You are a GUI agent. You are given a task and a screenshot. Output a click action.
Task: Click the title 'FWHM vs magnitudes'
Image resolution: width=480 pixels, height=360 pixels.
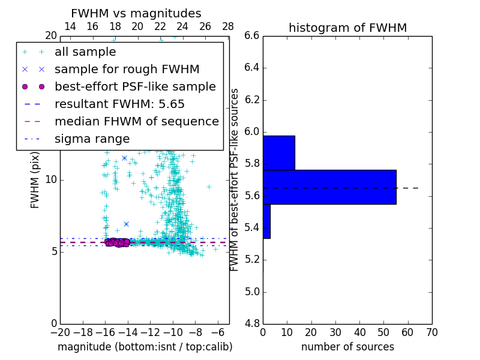(136, 13)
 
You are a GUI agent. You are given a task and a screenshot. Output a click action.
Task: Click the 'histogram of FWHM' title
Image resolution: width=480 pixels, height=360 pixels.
(347, 28)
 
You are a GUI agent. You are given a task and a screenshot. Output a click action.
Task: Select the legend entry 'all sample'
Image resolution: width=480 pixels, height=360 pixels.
(85, 52)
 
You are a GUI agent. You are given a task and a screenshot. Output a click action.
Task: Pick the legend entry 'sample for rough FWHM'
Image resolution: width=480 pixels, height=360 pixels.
(127, 70)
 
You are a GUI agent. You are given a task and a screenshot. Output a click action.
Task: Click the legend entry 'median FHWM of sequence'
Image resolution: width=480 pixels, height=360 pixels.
(136, 121)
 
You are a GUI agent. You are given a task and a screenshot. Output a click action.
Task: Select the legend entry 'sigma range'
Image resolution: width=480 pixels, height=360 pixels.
(92, 139)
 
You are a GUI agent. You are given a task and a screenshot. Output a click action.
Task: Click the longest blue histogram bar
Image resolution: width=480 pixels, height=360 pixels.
(329, 187)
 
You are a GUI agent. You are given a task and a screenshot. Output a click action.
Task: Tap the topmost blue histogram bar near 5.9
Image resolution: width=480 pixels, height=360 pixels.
(279, 152)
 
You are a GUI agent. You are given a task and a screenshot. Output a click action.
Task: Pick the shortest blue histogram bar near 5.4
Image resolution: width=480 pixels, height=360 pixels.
(266, 221)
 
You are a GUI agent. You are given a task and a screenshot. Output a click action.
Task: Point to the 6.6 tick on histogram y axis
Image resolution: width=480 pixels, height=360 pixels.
(251, 36)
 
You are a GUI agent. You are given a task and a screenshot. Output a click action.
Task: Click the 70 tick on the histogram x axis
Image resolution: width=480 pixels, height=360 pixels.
(432, 332)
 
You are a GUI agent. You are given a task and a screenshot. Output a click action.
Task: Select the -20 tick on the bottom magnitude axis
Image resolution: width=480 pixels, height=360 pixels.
(59, 332)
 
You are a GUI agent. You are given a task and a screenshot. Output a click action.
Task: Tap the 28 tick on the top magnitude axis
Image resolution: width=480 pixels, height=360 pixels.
(228, 26)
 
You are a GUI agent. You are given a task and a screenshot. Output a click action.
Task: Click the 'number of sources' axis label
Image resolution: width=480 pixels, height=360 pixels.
(347, 347)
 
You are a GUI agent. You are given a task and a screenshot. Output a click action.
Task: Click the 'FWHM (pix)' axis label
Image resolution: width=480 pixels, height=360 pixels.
(35, 180)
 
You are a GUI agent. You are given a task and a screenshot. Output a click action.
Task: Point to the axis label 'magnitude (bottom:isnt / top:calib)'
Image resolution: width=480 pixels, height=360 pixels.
(145, 347)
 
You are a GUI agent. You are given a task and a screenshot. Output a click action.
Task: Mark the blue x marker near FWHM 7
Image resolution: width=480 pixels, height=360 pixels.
(126, 224)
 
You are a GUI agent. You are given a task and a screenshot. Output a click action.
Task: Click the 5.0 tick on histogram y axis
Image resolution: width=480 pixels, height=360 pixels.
(251, 292)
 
